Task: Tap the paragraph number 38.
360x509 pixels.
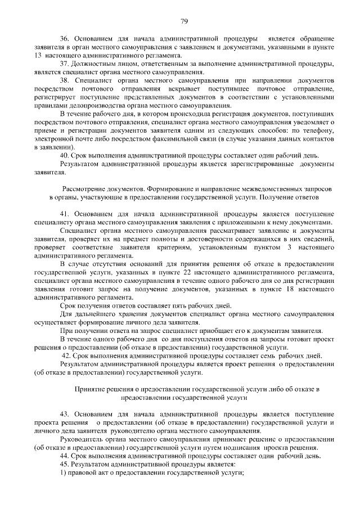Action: tap(65, 82)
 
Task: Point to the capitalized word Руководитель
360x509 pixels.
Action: tap(83, 439)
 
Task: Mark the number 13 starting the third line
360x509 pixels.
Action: tap(38, 57)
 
